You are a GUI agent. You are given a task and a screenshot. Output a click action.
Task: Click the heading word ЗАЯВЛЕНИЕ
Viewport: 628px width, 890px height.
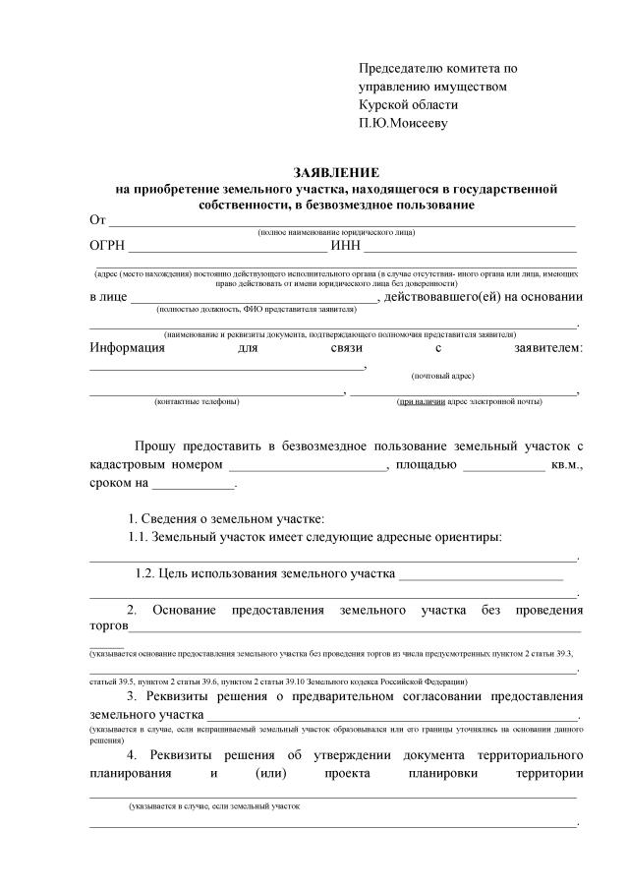[x=336, y=171]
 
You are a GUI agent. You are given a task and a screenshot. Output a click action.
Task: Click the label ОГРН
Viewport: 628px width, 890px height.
[x=109, y=246]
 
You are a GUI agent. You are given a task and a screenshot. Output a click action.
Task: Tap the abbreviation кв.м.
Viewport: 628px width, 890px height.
[x=567, y=465]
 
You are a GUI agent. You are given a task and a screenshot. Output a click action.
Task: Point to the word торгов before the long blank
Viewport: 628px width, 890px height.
[x=109, y=625]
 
